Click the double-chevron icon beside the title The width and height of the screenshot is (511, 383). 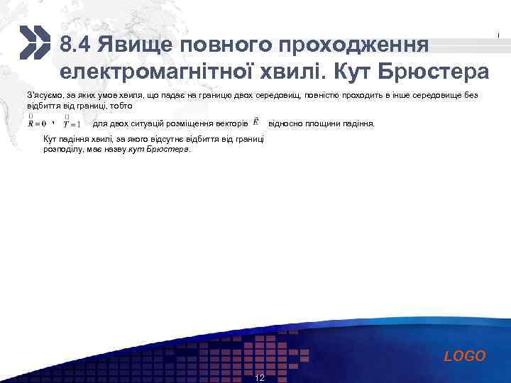pyautogui.click(x=35, y=43)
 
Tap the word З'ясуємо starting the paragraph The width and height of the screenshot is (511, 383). pyautogui.click(x=43, y=95)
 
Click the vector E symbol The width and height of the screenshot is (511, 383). pyautogui.click(x=256, y=122)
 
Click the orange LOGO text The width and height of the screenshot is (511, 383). pyautogui.click(x=465, y=356)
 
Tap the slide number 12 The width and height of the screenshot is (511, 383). pyautogui.click(x=259, y=377)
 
